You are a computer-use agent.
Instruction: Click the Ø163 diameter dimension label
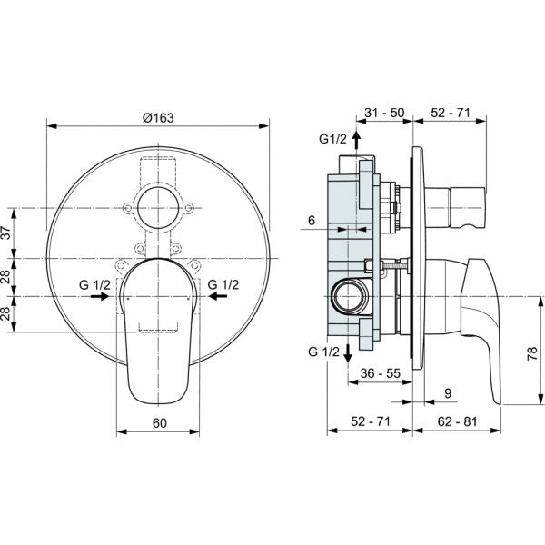pyautogui.click(x=158, y=118)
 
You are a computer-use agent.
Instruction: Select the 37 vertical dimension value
pyautogui.click(x=8, y=233)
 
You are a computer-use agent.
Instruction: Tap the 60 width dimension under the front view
pyautogui.click(x=160, y=423)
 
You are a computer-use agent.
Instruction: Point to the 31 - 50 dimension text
pyautogui.click(x=384, y=113)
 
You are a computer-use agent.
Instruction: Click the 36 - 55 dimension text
pyautogui.click(x=381, y=373)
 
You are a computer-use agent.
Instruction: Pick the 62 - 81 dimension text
pyautogui.click(x=457, y=421)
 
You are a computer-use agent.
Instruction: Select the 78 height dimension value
pyautogui.click(x=532, y=353)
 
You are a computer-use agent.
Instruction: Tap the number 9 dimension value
pyautogui.click(x=448, y=393)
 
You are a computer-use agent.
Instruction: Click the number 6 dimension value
pyautogui.click(x=312, y=220)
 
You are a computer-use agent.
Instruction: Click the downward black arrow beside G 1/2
pyautogui.click(x=348, y=353)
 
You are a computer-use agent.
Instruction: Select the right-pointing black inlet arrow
pyautogui.click(x=100, y=296)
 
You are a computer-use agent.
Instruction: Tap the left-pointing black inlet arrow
pyautogui.click(x=218, y=296)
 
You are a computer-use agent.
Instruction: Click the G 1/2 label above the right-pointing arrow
pyautogui.click(x=94, y=284)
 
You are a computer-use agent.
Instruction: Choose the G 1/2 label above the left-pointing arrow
pyautogui.click(x=223, y=284)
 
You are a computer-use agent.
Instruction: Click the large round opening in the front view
pyautogui.click(x=158, y=208)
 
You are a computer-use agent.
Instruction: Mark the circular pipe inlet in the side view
pyautogui.click(x=350, y=297)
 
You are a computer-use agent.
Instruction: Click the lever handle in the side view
pyautogui.click(x=481, y=331)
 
